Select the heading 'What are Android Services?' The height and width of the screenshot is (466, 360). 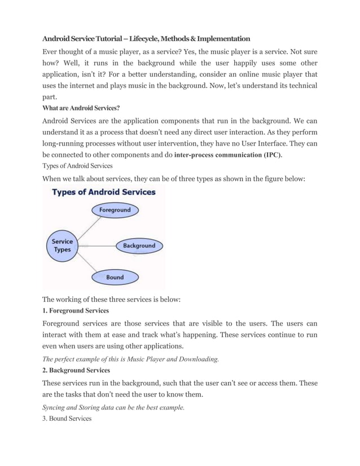tap(81, 108)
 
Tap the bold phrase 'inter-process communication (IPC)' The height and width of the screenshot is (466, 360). tap(229, 155)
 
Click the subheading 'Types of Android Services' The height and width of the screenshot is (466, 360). tap(78, 166)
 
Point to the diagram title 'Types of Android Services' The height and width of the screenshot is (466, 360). tap(104, 192)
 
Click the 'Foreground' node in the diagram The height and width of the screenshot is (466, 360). tap(115, 210)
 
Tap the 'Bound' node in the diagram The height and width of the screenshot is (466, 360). tap(115, 278)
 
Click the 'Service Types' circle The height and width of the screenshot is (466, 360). tap(62, 246)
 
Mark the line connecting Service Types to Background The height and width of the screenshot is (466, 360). tap(98, 246)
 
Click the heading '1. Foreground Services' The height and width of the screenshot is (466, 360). tap(76, 311)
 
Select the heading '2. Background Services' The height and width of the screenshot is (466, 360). tap(77, 371)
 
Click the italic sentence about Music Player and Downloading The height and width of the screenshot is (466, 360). tap(130, 359)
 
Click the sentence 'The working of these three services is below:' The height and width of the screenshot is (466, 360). tap(112, 299)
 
